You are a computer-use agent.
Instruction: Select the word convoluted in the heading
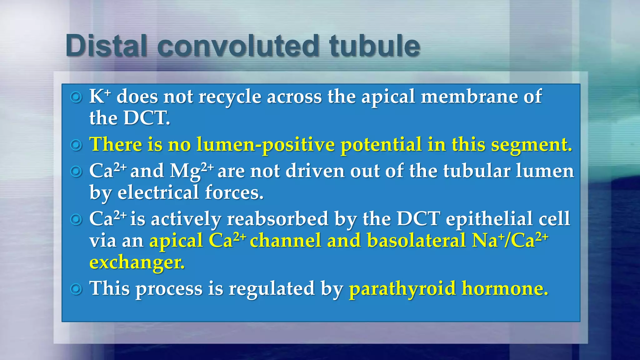point(238,46)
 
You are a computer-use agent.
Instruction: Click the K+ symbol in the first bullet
point(100,96)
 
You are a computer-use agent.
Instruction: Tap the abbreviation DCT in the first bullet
point(147,118)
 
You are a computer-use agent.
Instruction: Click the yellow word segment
point(531,145)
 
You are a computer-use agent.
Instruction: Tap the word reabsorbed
point(277,219)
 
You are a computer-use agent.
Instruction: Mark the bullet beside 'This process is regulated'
point(76,289)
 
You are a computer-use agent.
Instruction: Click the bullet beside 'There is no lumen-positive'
point(76,145)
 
